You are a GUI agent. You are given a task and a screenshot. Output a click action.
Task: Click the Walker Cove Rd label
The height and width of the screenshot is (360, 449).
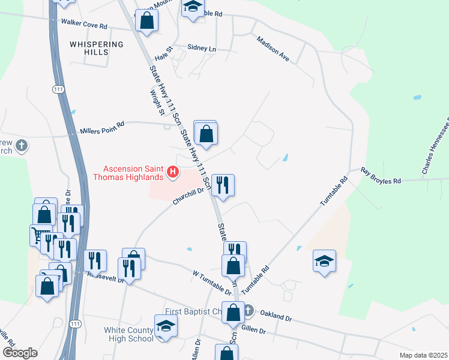[x=84, y=25]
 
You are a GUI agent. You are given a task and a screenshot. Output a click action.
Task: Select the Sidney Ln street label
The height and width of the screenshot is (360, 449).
[x=201, y=47]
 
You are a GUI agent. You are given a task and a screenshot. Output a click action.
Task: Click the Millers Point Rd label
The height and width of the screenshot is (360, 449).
[x=102, y=128]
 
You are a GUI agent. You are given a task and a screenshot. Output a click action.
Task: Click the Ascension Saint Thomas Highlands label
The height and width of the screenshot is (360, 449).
[x=128, y=172]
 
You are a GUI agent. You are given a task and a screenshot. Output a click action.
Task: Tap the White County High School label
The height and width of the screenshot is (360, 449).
[x=128, y=334]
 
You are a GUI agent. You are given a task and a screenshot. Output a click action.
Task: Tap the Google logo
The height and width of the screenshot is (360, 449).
[x=20, y=353]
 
